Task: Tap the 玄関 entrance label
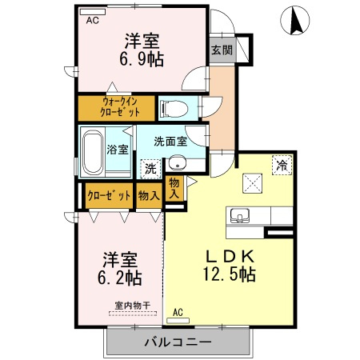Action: [222, 50]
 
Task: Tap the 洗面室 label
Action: [170, 142]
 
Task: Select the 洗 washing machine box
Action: [150, 168]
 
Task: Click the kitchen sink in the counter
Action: [240, 216]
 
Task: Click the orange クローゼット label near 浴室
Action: [108, 194]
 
